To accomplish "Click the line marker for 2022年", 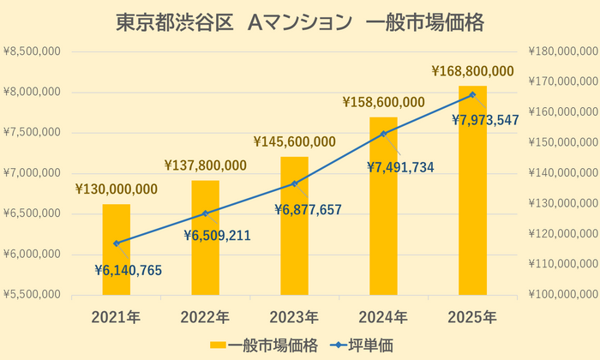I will (x=205, y=213).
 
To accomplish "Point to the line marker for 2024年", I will (x=383, y=133).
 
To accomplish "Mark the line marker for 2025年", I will (x=472, y=94).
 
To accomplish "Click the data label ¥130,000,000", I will (x=116, y=189).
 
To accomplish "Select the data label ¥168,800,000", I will (x=472, y=71).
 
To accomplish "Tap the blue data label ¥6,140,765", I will (x=128, y=270).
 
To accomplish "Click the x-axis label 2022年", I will (x=205, y=317).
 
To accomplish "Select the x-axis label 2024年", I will (x=383, y=317).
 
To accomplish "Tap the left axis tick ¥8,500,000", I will (x=32, y=51).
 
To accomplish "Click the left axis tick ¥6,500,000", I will (x=32, y=213).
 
